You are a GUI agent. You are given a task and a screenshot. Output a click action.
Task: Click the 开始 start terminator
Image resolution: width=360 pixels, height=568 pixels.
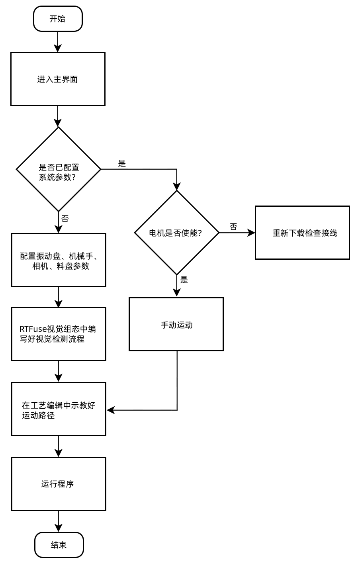[58, 19]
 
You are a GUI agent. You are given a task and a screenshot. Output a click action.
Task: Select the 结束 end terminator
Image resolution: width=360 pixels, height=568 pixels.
[59, 545]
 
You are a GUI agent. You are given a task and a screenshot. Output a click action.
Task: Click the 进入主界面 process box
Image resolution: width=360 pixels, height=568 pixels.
[58, 79]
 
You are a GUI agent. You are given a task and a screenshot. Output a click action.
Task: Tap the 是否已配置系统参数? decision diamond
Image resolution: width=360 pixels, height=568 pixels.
[59, 169]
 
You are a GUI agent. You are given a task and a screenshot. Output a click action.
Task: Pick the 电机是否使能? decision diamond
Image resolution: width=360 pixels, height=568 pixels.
[177, 233]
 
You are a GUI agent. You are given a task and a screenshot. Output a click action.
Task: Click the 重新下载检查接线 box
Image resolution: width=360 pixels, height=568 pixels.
[302, 233]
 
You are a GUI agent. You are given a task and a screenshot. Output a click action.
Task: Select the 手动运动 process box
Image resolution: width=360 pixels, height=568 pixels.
[176, 324]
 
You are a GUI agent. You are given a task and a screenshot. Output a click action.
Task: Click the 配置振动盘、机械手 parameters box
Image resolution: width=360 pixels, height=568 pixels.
[59, 260]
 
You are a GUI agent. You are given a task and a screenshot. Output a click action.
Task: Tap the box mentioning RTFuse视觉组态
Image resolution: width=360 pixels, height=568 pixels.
[59, 334]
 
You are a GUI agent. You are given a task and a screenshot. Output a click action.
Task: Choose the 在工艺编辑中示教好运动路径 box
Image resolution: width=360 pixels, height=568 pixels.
[59, 409]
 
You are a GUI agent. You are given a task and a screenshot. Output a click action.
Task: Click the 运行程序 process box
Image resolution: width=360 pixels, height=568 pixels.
[59, 484]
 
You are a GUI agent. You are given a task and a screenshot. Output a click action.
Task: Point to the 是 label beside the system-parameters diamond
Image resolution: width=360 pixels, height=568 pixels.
[122, 163]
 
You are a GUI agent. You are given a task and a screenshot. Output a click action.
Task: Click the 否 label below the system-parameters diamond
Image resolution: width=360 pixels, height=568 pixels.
[65, 219]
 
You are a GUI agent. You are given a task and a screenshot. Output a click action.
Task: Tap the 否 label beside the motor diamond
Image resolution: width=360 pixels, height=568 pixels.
[233, 227]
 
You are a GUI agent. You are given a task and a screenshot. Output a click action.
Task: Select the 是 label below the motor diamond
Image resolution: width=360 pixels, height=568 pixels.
[184, 280]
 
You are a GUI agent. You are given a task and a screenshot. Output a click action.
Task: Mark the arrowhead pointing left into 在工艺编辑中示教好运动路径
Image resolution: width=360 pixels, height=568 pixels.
[110, 410]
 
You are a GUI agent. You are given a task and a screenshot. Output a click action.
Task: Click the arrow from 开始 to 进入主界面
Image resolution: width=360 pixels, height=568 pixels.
[58, 41]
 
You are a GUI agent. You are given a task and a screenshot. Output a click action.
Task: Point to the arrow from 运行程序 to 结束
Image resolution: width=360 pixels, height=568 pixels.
[59, 521]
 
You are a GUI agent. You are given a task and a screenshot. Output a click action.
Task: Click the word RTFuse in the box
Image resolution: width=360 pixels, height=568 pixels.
[33, 329]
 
